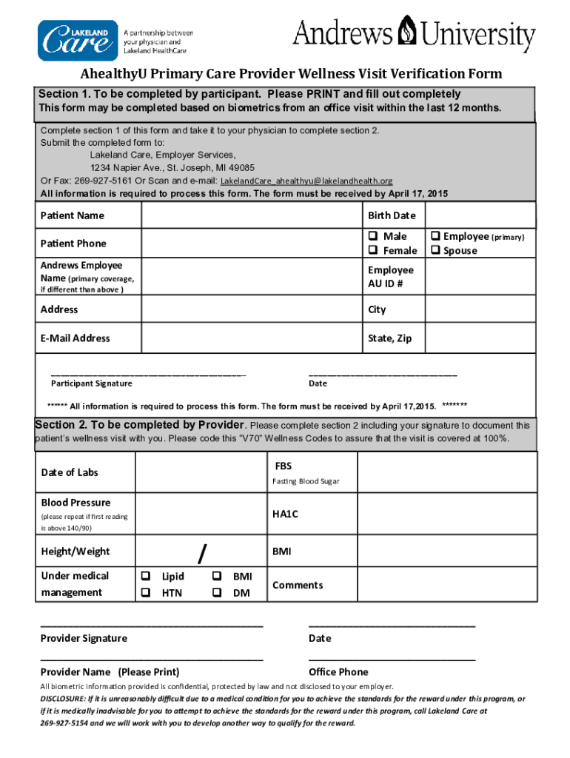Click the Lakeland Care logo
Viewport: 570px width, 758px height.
tap(78, 41)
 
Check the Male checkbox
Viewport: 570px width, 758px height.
tap(373, 236)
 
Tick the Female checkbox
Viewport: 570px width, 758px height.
tap(373, 250)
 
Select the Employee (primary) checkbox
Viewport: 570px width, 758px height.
tap(435, 236)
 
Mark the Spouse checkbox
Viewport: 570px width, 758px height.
tap(435, 250)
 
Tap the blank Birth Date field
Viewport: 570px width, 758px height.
tap(480, 215)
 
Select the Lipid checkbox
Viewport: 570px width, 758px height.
tap(147, 576)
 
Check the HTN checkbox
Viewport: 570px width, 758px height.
tap(147, 592)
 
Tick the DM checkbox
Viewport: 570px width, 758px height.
tap(217, 592)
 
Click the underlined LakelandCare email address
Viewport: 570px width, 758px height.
tap(306, 181)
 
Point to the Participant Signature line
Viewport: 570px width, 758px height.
tap(148, 374)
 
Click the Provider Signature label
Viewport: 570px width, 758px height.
tap(84, 638)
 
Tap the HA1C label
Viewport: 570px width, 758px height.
tap(285, 513)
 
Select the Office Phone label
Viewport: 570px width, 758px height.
tap(338, 672)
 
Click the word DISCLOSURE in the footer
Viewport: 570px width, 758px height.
tap(62, 699)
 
